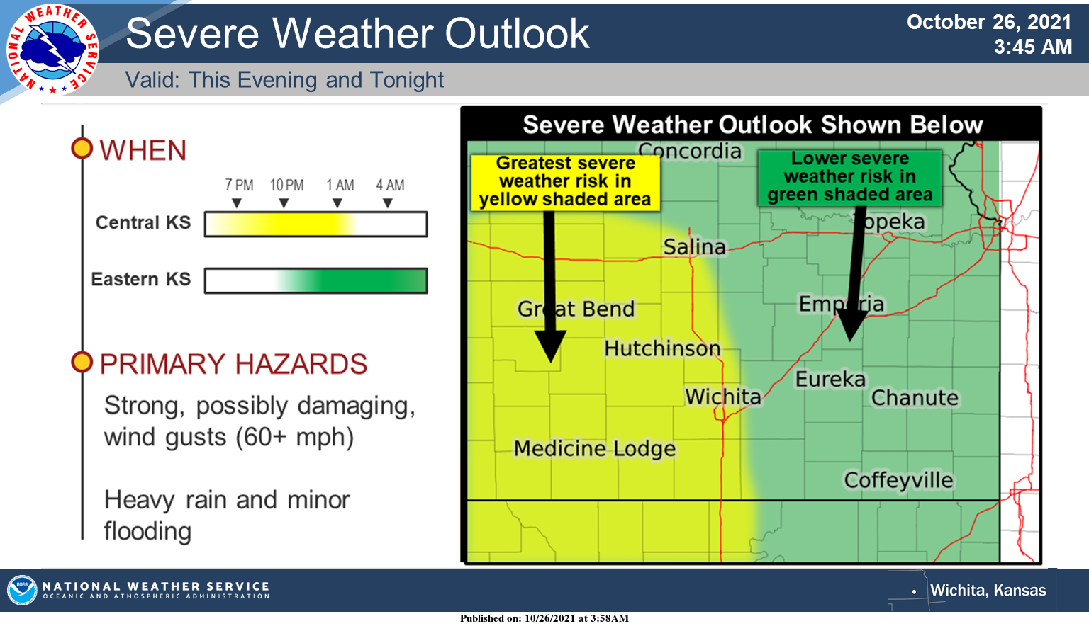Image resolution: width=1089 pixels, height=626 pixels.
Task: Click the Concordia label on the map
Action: click(689, 151)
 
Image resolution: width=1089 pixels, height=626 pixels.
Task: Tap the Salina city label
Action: click(694, 246)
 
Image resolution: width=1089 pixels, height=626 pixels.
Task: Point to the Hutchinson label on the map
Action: click(662, 348)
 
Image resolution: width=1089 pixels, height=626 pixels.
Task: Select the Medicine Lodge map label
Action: click(595, 449)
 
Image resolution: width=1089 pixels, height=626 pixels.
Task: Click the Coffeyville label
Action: click(898, 481)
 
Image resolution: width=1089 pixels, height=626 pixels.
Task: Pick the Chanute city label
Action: click(915, 398)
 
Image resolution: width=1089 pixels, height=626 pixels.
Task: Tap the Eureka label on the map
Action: click(830, 380)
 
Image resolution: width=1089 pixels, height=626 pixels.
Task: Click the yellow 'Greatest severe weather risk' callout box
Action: click(565, 182)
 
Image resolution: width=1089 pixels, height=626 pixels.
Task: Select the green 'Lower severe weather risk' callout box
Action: click(850, 177)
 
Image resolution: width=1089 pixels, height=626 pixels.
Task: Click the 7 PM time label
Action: click(239, 185)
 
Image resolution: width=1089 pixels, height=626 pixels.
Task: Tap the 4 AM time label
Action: click(390, 185)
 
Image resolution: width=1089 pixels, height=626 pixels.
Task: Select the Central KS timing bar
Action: click(316, 224)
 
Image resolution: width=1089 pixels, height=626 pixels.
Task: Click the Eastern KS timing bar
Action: click(316, 280)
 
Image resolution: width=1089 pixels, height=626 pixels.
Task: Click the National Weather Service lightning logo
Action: click(52, 50)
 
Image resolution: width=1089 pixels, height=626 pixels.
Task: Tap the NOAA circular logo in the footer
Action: click(22, 590)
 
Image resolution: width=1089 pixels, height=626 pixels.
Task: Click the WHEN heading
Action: click(143, 150)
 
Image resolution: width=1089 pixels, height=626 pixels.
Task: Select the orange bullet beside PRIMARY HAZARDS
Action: click(82, 362)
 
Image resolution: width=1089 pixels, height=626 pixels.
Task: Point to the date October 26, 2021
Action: click(989, 23)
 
